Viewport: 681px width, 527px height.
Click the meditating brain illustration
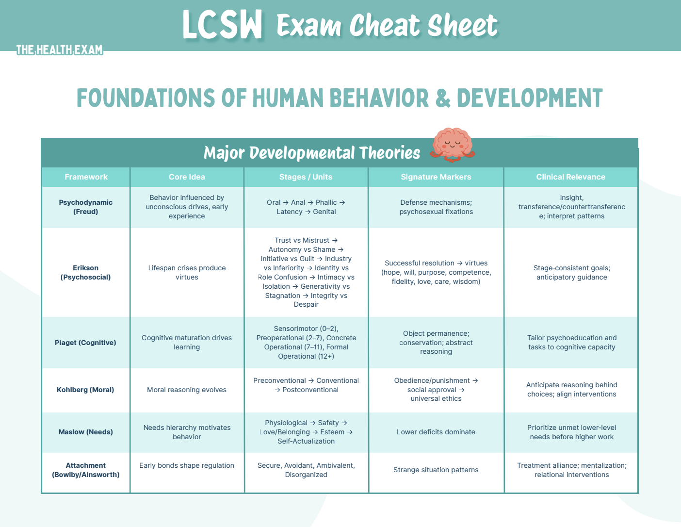452,145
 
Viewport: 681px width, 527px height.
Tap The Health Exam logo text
59,49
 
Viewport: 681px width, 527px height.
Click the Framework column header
86,177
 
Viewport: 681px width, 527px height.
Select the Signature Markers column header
436,177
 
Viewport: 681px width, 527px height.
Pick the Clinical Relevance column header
570,177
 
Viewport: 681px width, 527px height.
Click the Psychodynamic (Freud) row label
86,207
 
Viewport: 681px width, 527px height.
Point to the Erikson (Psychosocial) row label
86,273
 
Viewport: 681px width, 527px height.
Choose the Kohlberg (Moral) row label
85,390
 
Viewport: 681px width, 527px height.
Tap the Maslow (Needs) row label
86,432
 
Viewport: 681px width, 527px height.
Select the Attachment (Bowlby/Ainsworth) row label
86,470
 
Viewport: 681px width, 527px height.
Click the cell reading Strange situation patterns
436,470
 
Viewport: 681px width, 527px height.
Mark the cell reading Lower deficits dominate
436,432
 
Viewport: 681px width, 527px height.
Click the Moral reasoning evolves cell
187,390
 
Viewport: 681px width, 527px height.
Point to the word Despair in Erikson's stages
306,305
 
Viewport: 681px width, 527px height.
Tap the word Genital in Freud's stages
324,212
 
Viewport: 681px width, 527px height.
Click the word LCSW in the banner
223,25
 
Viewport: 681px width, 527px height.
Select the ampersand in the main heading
443,98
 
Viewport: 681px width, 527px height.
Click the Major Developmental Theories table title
312,153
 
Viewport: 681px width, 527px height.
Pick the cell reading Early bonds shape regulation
187,465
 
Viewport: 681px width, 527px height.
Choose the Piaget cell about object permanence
436,343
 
